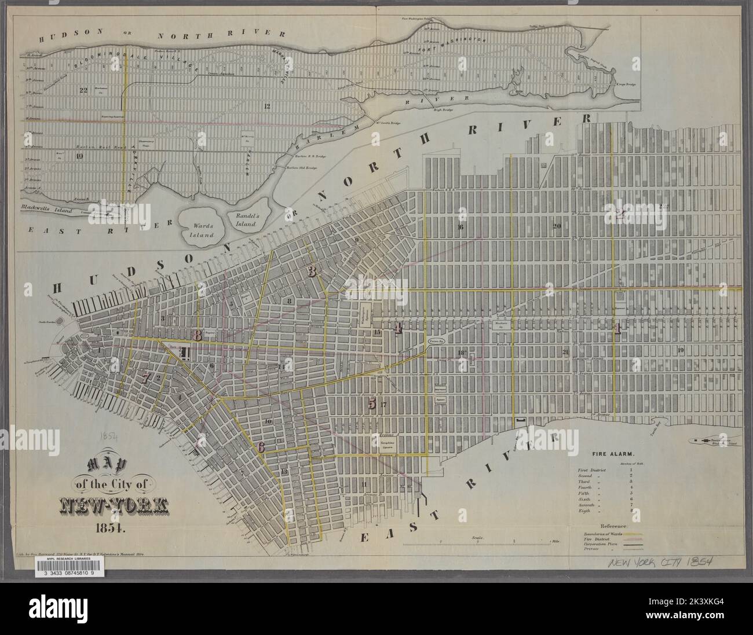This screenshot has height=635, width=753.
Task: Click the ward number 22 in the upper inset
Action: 83,90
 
